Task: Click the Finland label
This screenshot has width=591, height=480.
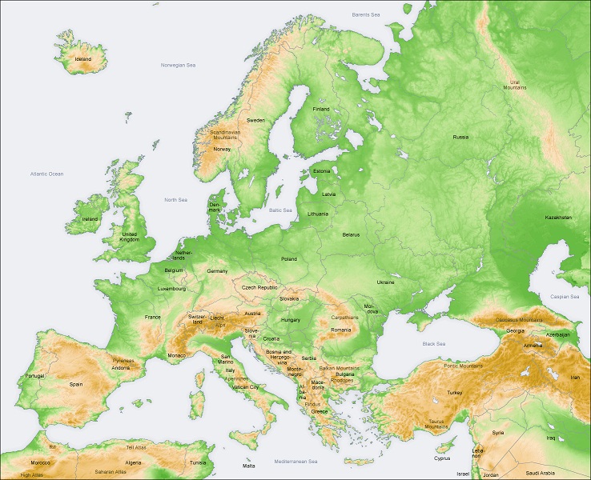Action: [x=320, y=109]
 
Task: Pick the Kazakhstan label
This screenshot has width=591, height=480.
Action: [x=558, y=218]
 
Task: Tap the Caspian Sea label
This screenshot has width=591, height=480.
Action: [x=564, y=297]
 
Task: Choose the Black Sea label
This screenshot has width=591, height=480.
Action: [x=433, y=343]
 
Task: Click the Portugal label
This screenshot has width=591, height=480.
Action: [x=35, y=375]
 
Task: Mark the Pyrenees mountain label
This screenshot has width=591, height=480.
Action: [x=123, y=361]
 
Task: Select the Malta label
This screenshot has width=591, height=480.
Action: [x=250, y=465]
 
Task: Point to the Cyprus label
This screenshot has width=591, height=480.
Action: [x=442, y=458]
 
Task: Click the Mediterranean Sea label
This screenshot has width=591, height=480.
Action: [x=295, y=462]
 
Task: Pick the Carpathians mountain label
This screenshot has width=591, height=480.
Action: [x=344, y=317]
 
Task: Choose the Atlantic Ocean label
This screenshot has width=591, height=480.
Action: [x=46, y=174]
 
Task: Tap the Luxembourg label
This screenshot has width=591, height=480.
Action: [x=171, y=288]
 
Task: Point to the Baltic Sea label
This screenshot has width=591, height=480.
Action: [x=280, y=210]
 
